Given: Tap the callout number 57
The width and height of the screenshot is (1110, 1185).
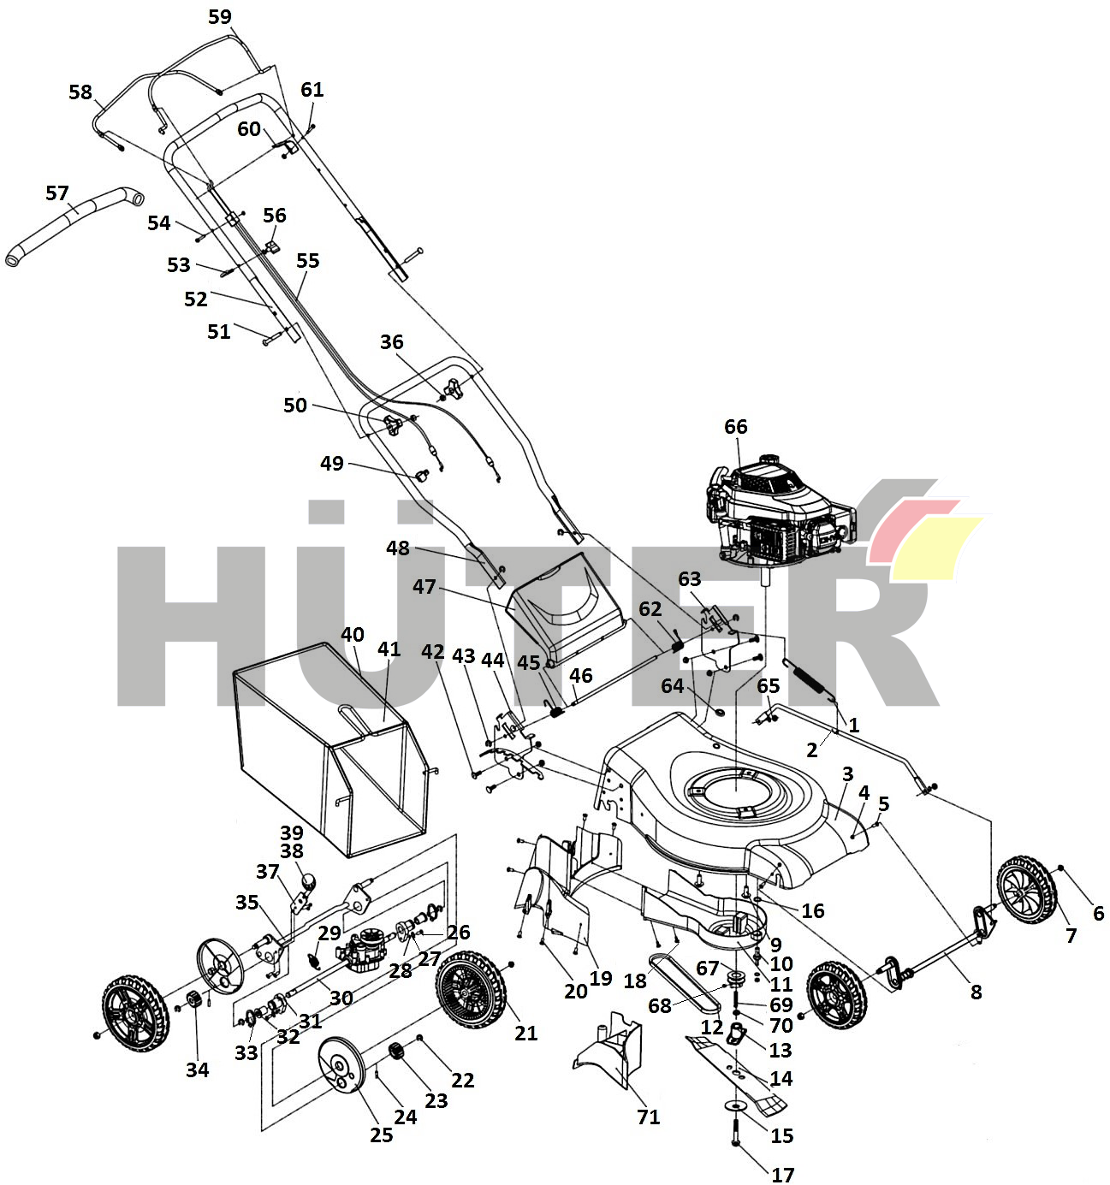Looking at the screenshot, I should pos(57,193).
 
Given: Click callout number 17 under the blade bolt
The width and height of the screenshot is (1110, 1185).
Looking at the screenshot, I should pos(783,1175).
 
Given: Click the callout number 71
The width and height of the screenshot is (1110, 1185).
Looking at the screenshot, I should pos(649,1117).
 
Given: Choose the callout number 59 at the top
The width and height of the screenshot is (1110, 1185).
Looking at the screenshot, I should pos(220,17).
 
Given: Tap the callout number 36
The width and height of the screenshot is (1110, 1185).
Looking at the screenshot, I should pos(391,342).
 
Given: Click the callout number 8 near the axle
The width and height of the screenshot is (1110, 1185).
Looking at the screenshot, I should pos(976,992).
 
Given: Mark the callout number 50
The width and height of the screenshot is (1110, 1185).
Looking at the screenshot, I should pos(295,405).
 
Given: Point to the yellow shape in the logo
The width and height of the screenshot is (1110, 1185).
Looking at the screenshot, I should pos(937,548).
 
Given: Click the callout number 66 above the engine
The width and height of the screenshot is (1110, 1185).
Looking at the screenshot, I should pos(736,426).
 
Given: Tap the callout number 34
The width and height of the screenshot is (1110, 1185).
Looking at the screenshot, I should pos(198,1069).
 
